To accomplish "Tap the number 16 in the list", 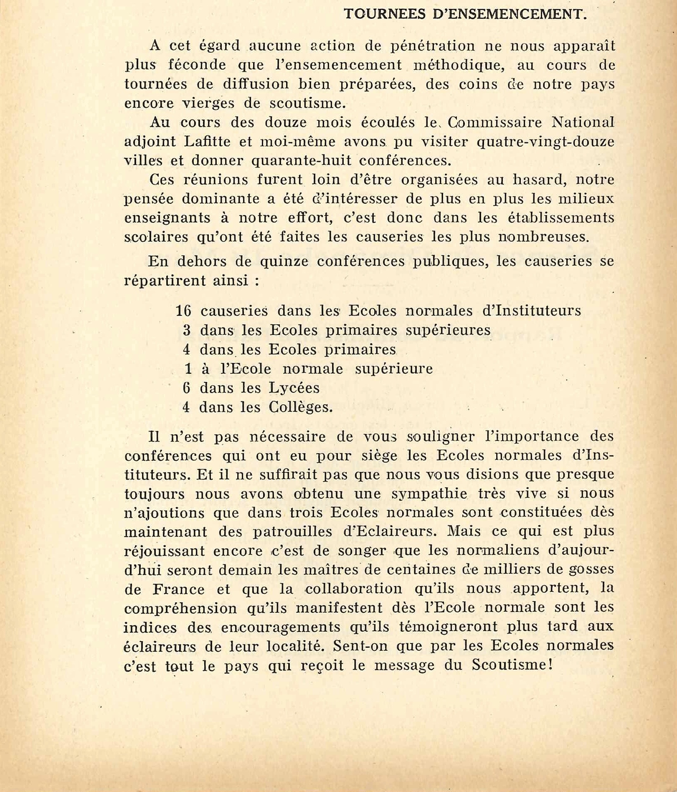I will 183,311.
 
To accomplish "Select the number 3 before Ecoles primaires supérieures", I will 187,330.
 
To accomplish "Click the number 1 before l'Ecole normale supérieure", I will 188,369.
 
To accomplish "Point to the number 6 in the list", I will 186,388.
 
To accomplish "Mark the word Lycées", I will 294,388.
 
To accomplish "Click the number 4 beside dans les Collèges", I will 186,407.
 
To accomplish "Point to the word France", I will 178,589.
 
